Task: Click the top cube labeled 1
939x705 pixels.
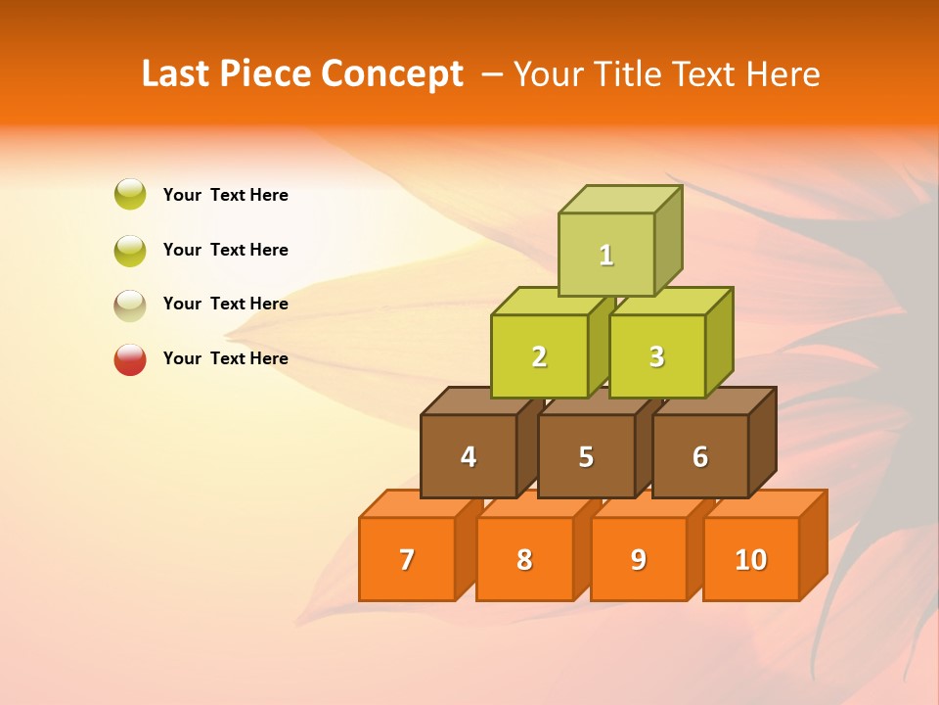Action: (606, 254)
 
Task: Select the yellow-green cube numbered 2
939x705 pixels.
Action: (539, 356)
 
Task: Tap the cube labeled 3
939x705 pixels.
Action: (656, 356)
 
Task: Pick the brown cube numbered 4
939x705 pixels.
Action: (469, 456)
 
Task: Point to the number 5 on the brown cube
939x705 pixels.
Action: (586, 456)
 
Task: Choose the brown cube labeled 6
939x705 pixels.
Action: (700, 456)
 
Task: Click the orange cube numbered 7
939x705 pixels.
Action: (407, 559)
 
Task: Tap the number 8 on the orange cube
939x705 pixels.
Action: (524, 559)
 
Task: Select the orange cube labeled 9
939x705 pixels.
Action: (639, 559)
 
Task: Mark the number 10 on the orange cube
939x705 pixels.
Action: (750, 559)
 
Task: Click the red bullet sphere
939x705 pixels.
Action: (130, 359)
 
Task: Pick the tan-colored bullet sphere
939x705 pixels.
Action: (130, 305)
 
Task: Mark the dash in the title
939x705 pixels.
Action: (495, 73)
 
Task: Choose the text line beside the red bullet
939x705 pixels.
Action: (225, 358)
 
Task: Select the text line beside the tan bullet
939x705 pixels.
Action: (225, 304)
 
